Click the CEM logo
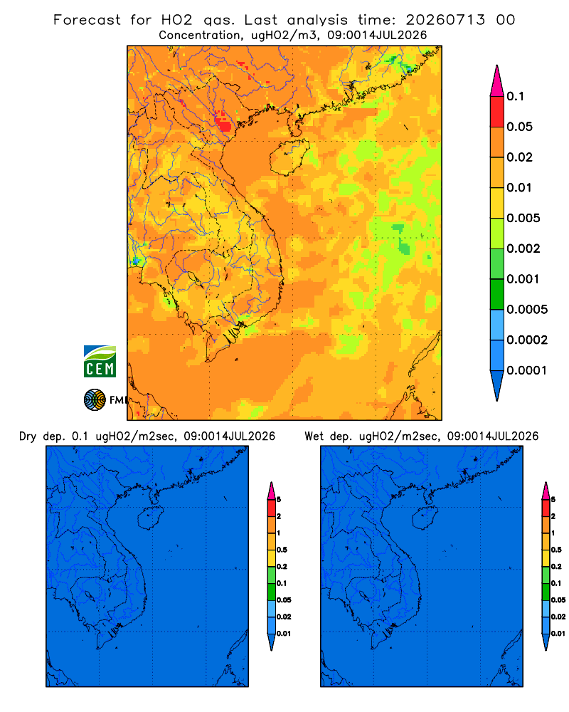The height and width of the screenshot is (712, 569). coord(100,362)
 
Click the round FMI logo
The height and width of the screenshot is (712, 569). coord(95,400)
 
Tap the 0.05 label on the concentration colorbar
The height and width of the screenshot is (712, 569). coord(519,127)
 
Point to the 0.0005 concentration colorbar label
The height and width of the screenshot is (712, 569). coord(527,310)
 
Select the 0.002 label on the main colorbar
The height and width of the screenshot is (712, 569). coord(523,248)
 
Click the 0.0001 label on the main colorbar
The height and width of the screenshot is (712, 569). coord(527,370)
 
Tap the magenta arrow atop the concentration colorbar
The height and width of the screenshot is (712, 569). coord(497,80)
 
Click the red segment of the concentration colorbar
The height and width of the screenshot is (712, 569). coord(497,112)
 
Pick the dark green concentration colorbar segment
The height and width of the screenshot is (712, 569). coord(497,294)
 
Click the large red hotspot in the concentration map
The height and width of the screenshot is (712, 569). coord(223,123)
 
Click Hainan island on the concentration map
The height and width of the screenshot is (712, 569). coord(289,157)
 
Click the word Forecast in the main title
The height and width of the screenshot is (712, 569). coord(87,20)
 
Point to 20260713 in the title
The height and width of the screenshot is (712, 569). coord(445,20)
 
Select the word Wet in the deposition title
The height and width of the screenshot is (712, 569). coord(314,436)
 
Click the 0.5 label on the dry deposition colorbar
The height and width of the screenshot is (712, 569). coord(282,550)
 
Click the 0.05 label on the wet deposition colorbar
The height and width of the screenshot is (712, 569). coord(558,600)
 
